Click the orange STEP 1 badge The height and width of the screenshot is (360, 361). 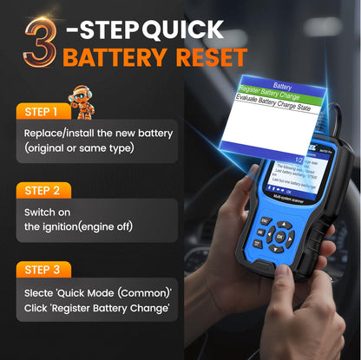pos(43,112)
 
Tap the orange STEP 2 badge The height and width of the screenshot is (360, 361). pos(43,190)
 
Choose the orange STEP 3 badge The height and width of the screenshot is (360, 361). pos(43,269)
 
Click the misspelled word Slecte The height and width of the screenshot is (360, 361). pos(41,292)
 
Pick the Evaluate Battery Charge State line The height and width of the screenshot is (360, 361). pos(282,108)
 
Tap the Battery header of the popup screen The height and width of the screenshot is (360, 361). pos(282,86)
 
